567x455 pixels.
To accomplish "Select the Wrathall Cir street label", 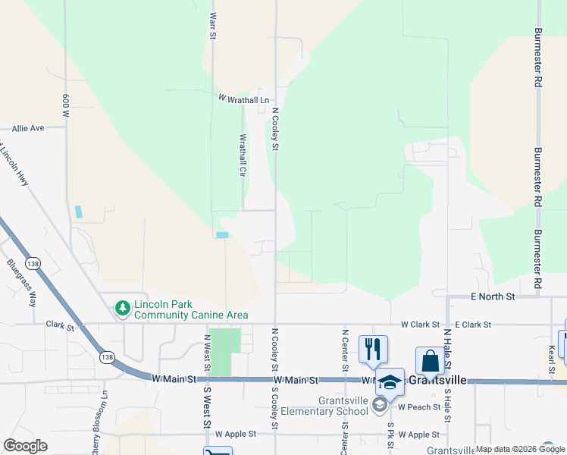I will (243, 155).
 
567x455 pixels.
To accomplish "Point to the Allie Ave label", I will (28, 128).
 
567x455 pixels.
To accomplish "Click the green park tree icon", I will (121, 308).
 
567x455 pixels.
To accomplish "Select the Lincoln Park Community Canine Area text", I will (191, 310).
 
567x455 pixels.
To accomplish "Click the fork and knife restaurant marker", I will (372, 349).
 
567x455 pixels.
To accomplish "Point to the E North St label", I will (492, 296).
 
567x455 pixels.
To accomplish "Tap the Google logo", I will (26, 446).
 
